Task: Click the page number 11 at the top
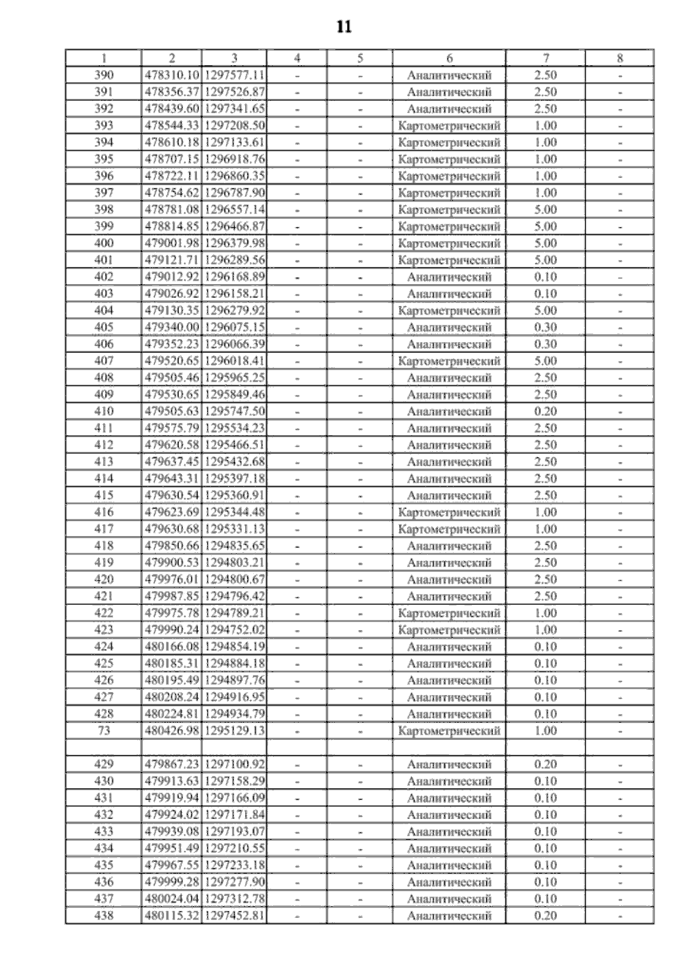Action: pos(343,27)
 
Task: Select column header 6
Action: pos(449,58)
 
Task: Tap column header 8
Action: pos(620,58)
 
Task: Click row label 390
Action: pos(104,75)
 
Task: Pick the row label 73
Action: pos(104,731)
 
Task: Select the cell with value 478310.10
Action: pos(172,75)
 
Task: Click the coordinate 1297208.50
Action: pos(234,126)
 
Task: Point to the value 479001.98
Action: pos(172,243)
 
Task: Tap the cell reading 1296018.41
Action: pos(234,361)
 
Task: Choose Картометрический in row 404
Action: pos(449,311)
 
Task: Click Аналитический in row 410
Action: pos(449,412)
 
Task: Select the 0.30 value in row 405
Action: pos(545,327)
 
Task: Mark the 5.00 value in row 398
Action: pos(545,209)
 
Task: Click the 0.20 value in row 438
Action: pos(545,915)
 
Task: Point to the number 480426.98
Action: pos(172,731)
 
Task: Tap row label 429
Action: pos(104,765)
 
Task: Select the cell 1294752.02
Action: pos(234,630)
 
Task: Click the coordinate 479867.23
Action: pos(172,765)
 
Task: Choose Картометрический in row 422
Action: pos(449,613)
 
